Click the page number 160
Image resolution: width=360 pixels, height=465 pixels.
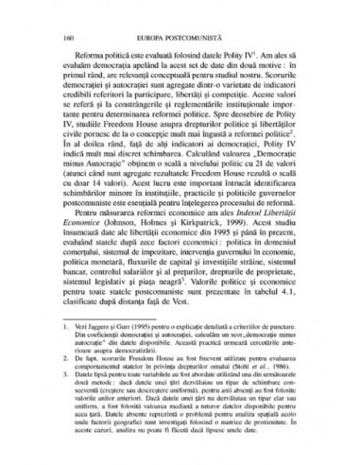click(61, 22)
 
